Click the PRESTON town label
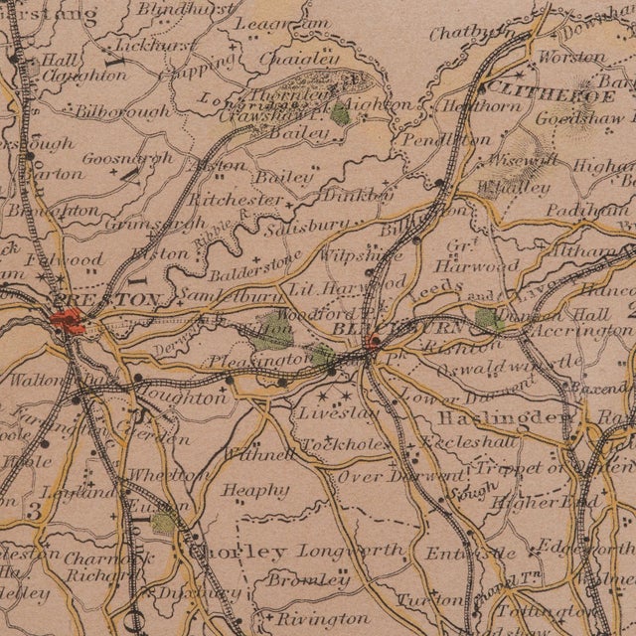(x=107, y=299)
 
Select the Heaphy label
(x=255, y=489)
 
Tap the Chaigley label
(x=287, y=59)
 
